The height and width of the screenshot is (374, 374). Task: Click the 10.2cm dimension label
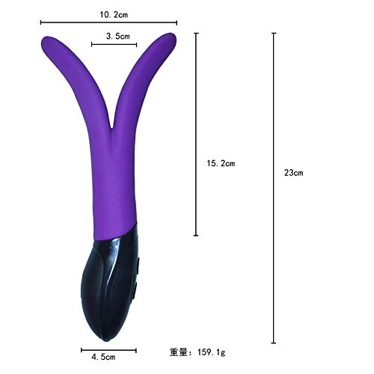point(114,15)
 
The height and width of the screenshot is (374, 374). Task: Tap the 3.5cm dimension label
point(118,36)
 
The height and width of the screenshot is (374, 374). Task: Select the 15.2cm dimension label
point(221,163)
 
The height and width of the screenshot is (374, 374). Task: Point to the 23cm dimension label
point(294,173)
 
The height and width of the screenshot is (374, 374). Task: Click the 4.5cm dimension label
point(103,357)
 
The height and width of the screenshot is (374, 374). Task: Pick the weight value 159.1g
point(212,352)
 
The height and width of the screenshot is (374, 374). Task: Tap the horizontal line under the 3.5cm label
point(114,45)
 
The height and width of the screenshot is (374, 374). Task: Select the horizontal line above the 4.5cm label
point(108,350)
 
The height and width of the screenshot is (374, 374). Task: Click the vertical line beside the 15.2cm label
point(196,134)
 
